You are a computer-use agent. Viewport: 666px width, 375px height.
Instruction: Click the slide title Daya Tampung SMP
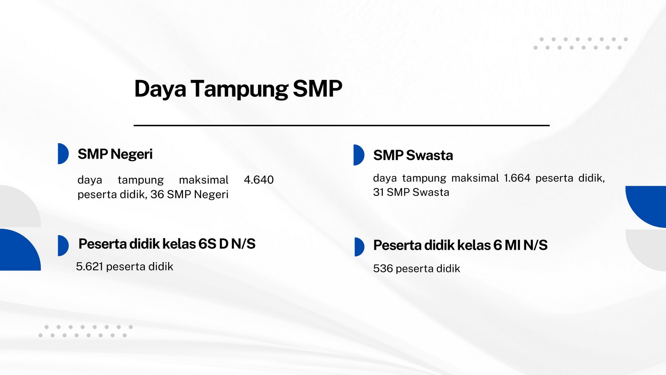(x=238, y=89)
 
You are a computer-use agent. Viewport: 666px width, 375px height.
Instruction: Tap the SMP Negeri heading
(x=115, y=154)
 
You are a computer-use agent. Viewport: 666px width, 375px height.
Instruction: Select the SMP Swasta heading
(x=413, y=156)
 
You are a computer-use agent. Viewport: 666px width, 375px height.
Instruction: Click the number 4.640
(x=259, y=180)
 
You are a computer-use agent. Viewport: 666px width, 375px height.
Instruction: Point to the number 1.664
(x=517, y=178)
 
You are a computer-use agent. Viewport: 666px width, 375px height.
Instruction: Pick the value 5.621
(x=90, y=267)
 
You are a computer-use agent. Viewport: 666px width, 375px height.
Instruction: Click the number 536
(x=383, y=268)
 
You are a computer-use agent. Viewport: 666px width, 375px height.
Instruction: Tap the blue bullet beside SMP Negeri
(x=63, y=154)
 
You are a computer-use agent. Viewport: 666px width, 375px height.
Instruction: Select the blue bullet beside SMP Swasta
(x=359, y=155)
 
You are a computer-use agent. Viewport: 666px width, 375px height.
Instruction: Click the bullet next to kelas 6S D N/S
(x=63, y=246)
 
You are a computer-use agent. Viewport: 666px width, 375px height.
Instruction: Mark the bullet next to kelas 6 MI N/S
(x=359, y=247)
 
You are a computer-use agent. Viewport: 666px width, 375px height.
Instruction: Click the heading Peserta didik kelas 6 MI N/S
(x=460, y=245)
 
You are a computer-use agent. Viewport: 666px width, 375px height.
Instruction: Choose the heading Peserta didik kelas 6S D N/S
(x=167, y=244)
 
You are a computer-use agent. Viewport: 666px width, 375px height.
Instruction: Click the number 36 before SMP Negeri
(x=157, y=194)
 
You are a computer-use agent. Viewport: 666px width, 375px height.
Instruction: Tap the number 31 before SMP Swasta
(x=378, y=192)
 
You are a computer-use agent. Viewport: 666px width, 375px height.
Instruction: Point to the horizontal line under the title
(x=341, y=126)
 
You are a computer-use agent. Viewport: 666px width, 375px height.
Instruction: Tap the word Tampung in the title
(x=239, y=89)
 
